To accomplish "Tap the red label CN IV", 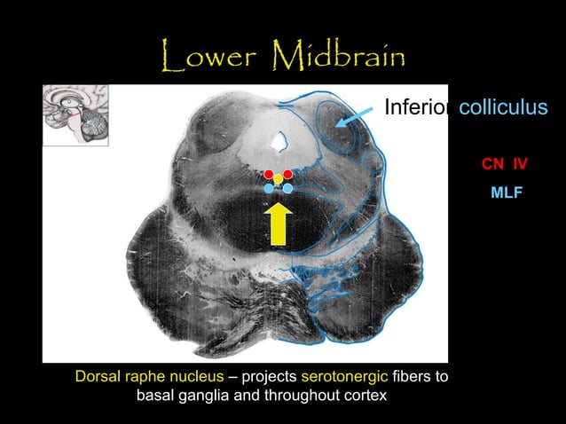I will pyautogui.click(x=504, y=164).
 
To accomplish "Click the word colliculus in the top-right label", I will pyautogui.click(x=503, y=107).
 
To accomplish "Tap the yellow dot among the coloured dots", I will pyautogui.click(x=278, y=180).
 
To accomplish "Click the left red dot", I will pyautogui.click(x=269, y=173).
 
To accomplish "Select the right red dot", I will pyautogui.click(x=287, y=173).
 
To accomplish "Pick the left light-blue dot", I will pyautogui.click(x=269, y=188).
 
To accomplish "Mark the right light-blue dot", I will pyautogui.click(x=287, y=188).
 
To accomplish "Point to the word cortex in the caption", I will pyautogui.click(x=364, y=395).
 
